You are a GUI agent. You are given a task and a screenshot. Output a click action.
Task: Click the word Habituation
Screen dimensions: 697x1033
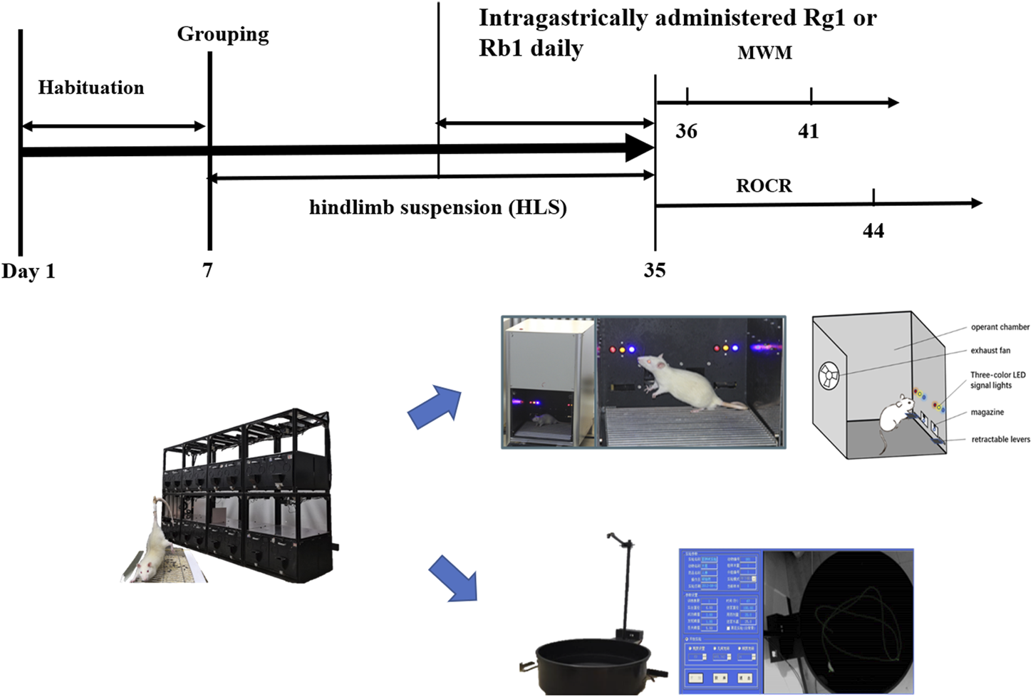90,88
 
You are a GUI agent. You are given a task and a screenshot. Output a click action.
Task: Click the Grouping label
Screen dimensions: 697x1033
223,34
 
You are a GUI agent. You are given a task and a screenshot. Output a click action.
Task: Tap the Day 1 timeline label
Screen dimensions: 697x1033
28,272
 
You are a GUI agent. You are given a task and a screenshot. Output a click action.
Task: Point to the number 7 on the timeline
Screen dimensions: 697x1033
207,270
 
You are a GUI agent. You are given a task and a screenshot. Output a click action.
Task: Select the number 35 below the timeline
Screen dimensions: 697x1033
655,270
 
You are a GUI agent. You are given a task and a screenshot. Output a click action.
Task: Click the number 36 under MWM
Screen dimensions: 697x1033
686,131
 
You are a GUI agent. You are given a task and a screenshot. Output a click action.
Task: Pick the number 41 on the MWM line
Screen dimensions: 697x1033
809,131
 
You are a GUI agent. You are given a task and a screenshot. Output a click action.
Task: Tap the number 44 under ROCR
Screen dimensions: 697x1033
873,231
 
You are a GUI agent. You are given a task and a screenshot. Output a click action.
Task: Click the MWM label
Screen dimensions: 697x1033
764,53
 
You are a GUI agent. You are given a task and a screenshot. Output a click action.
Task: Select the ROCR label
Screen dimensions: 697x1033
764,186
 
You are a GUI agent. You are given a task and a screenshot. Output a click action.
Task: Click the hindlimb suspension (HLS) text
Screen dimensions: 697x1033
437,207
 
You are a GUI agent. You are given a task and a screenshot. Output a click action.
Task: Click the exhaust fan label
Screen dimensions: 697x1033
990,351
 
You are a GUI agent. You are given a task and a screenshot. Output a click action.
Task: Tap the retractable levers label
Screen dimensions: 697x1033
1000,440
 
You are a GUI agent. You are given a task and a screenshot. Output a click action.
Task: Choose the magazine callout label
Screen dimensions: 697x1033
987,413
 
